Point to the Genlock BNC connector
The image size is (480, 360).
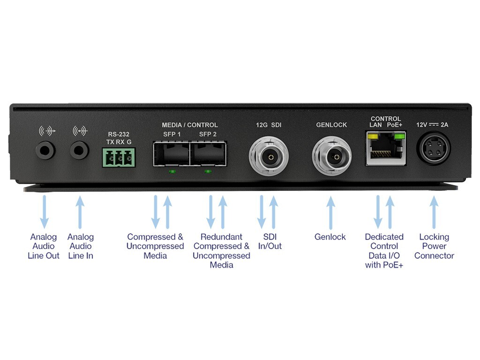331,155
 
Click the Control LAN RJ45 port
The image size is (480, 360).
385,150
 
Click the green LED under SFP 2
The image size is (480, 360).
208,171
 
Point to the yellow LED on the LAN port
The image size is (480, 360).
373,136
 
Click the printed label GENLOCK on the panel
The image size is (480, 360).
331,125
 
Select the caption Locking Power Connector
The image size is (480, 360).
434,246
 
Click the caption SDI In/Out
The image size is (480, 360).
270,241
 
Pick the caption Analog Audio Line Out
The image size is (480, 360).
44,246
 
